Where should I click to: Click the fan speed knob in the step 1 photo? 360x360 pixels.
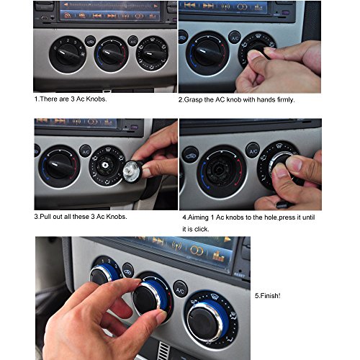68,54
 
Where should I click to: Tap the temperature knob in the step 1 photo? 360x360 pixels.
111,54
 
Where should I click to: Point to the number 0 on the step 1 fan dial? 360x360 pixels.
55,48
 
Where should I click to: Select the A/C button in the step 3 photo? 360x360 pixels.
86,151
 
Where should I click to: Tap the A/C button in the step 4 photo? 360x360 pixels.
253,150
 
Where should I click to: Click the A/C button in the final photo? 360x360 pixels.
180,289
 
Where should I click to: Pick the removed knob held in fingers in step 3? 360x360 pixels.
132,171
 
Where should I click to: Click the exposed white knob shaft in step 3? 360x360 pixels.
104,164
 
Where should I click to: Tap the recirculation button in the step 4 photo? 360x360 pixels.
191,156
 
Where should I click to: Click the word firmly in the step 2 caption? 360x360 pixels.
285,99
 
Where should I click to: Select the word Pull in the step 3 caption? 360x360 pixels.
45,217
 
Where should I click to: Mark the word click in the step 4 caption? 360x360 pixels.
202,229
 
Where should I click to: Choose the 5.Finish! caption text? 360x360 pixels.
267,296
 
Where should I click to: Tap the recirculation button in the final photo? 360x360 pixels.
127,271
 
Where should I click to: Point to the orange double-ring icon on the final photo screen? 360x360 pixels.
197,251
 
